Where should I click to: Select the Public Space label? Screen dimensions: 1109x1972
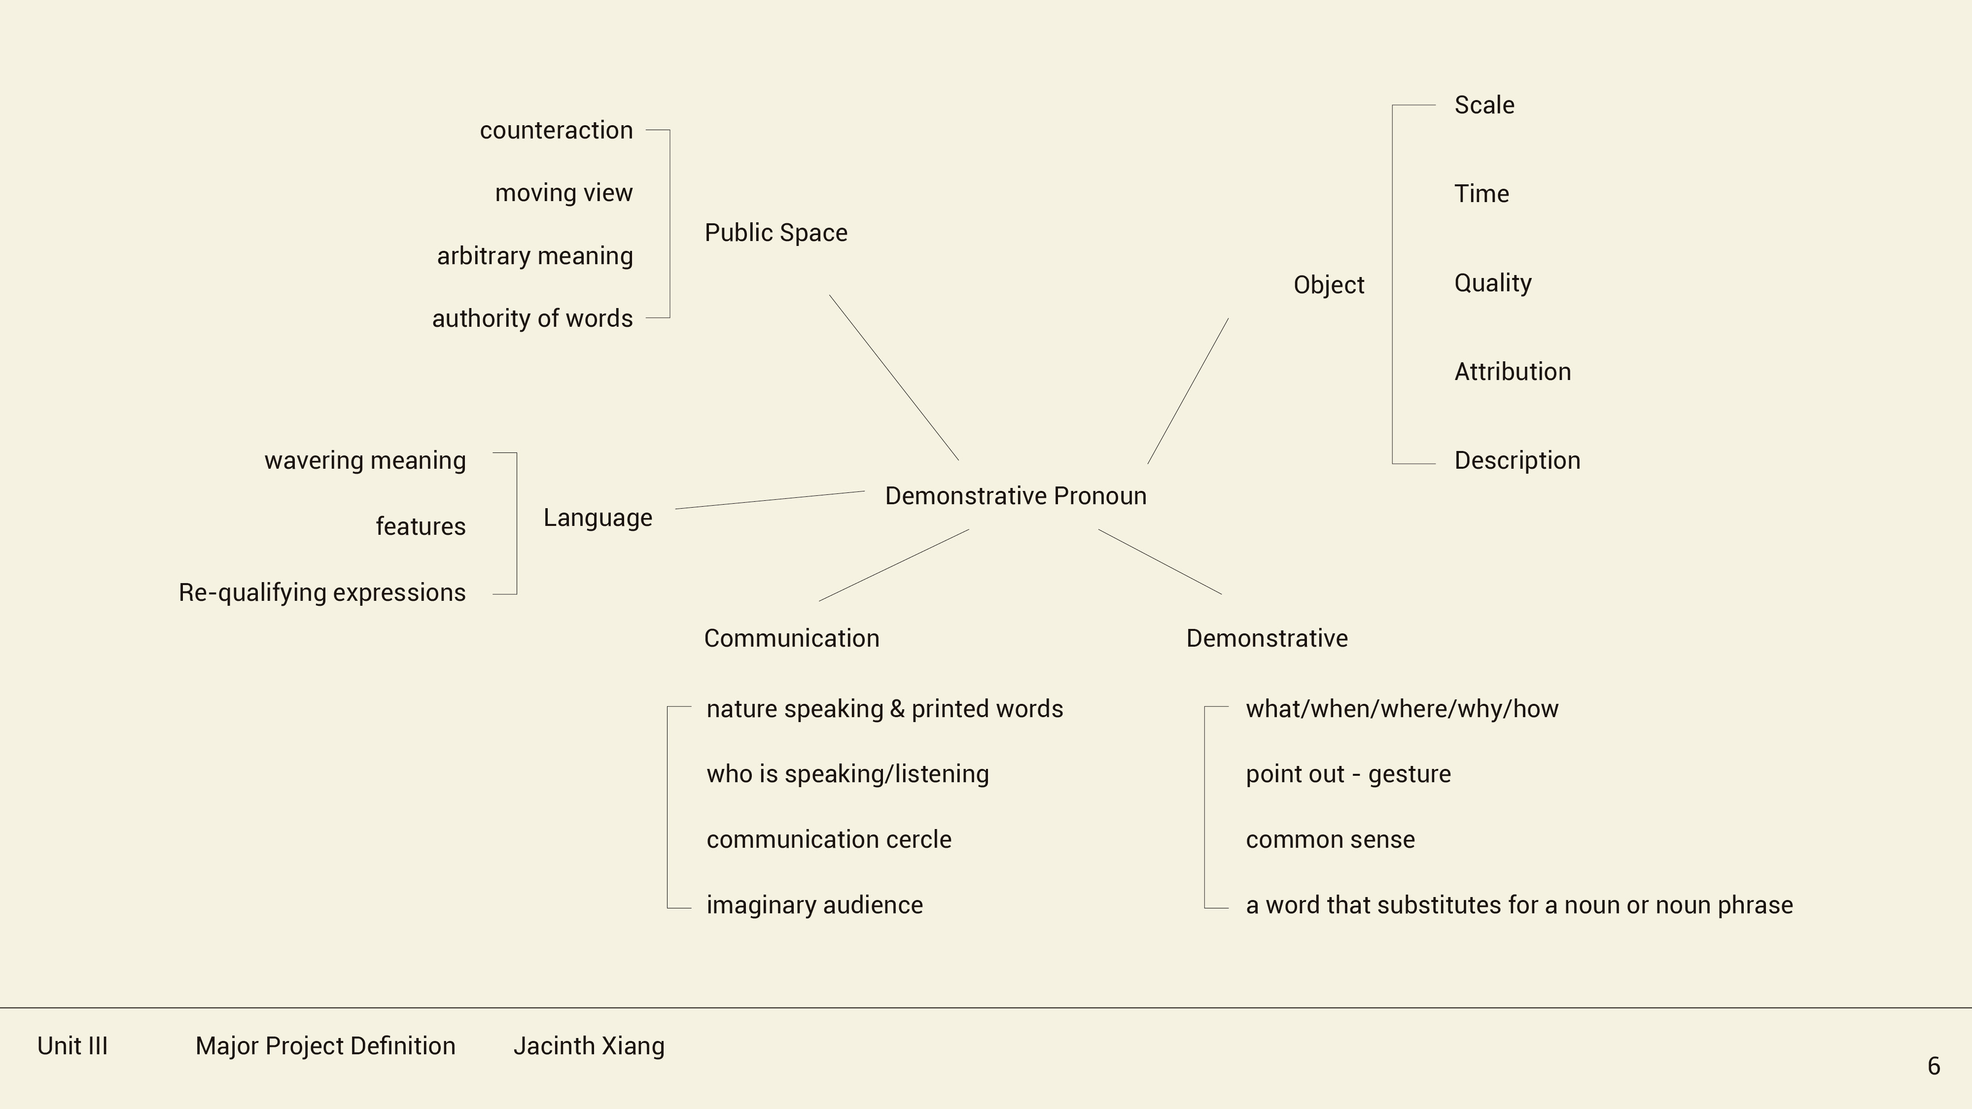775,233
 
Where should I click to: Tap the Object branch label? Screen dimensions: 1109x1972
1328,285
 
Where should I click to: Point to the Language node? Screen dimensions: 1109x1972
598,518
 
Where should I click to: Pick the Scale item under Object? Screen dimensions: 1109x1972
1483,105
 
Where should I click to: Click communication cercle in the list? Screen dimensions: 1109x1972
828,839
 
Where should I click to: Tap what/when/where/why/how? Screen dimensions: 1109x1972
1402,709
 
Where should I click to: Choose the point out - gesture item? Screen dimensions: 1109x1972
1348,774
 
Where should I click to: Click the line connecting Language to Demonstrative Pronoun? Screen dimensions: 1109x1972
770,500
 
